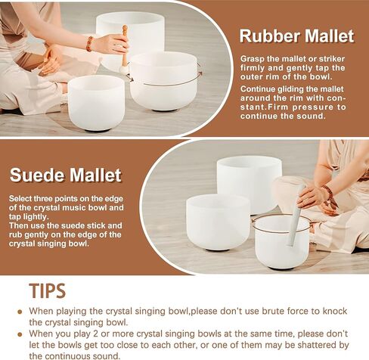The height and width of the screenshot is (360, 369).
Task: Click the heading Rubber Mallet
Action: pos(297,36)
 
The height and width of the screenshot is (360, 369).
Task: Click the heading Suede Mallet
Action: pos(66,175)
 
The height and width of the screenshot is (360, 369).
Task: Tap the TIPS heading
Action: pos(48,290)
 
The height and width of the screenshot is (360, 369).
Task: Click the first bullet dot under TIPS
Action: pos(20,312)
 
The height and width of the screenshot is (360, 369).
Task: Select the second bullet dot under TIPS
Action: pos(20,334)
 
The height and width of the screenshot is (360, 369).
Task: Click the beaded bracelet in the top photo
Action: pos(89,44)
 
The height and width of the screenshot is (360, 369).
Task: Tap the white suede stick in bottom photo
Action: pos(296,215)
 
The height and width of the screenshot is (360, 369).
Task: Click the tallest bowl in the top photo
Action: pos(130,38)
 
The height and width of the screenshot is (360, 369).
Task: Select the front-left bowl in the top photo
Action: pos(96,103)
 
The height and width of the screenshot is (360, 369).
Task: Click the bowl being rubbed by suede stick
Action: pos(282,241)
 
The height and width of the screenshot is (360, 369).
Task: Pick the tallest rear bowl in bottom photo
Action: pos(249,184)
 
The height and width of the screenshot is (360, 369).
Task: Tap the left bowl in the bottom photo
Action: pos(219,222)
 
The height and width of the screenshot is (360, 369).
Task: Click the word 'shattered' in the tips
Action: pos(324,345)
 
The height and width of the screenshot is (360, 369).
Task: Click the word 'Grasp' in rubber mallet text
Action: pos(252,59)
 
